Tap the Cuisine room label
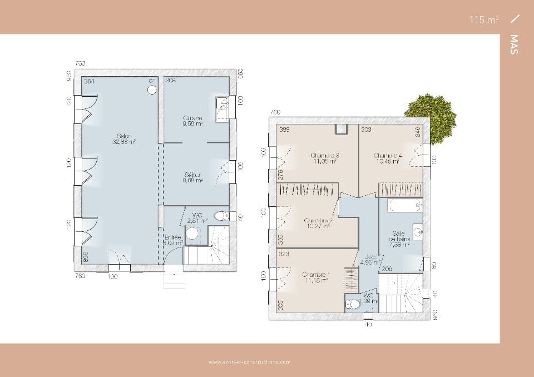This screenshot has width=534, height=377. [x=193, y=121]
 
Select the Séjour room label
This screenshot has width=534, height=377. [x=193, y=177]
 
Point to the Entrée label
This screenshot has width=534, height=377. [x=172, y=240]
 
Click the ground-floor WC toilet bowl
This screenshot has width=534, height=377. [x=221, y=216]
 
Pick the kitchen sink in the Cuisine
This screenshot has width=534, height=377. [x=222, y=106]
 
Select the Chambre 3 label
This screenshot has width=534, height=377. [x=325, y=158]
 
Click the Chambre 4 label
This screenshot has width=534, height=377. [x=388, y=158]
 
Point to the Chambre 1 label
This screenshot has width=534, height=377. [x=316, y=277]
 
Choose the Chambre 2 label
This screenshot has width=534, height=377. [x=318, y=223]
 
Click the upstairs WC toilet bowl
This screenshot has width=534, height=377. [x=353, y=304]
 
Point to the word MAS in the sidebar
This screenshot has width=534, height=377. [x=513, y=44]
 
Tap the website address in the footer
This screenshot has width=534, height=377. [x=249, y=362]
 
